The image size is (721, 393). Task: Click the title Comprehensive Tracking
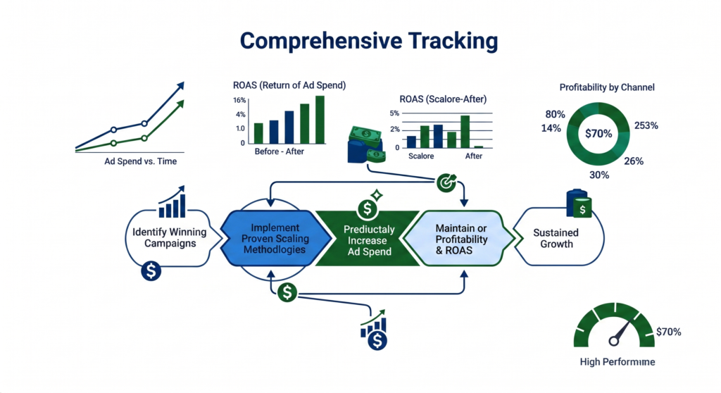tap(360, 41)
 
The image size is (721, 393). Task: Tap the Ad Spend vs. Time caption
tap(136, 162)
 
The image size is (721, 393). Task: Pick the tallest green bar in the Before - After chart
tap(320, 119)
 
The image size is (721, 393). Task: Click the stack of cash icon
tap(365, 144)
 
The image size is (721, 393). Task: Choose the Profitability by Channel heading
tap(606, 88)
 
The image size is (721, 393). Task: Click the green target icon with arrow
tap(446, 182)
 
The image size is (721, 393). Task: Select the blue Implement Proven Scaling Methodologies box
tap(275, 239)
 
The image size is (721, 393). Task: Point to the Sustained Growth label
tap(556, 238)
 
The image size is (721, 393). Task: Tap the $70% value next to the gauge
tap(668, 331)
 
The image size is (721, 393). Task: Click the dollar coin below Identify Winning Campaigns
tap(152, 270)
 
